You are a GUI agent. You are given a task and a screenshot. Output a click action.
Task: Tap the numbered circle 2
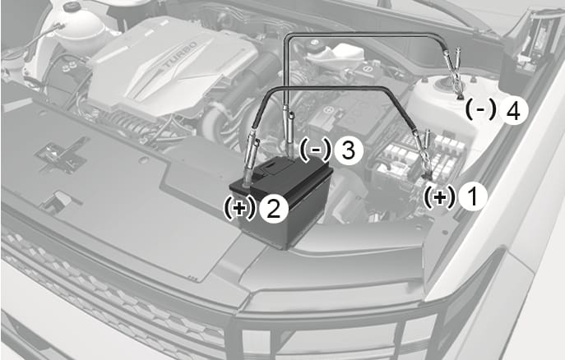point(274,209)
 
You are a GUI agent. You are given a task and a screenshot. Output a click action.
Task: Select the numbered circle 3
point(348,150)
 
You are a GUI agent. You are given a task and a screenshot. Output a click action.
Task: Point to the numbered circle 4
point(513,112)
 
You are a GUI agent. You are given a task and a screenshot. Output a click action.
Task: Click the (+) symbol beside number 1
point(439,197)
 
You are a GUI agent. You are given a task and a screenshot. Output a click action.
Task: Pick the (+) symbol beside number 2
point(239,209)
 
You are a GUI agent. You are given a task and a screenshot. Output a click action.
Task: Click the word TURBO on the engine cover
point(181,54)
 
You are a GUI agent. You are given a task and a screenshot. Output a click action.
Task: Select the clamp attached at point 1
point(423,155)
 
